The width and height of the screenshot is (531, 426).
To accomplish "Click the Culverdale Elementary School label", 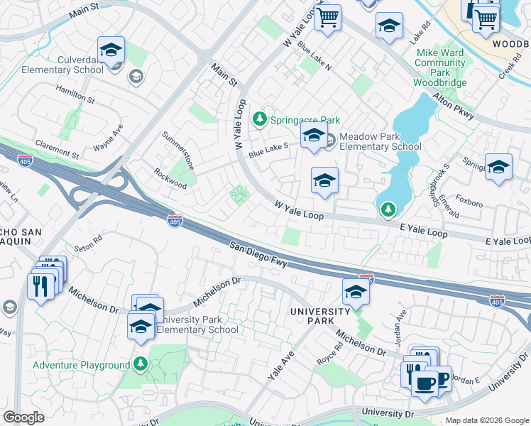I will click(62, 65).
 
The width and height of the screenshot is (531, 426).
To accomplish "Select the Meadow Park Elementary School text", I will click(380, 142).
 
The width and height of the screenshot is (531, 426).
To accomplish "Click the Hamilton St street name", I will click(75, 93).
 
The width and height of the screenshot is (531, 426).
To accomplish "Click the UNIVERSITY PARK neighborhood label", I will click(320, 316).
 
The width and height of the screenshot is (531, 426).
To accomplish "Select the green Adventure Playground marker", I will click(141, 365).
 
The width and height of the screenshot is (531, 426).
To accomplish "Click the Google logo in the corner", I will click(23, 417).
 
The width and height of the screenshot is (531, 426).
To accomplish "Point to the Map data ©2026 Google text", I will click(486, 420).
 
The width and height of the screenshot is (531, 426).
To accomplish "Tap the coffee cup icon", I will click(425, 383).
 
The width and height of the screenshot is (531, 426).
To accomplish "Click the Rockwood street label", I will click(170, 179).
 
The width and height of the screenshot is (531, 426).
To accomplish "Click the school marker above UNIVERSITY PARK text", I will click(356, 291).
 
